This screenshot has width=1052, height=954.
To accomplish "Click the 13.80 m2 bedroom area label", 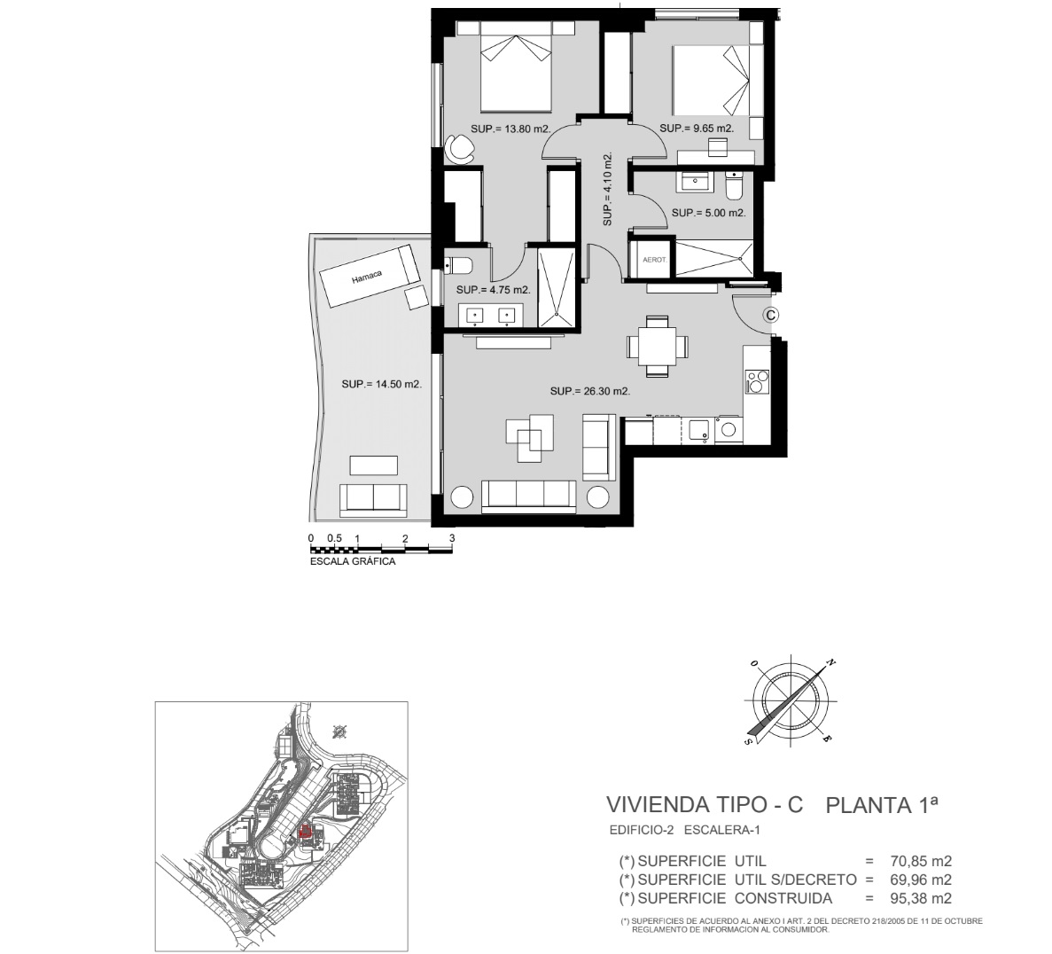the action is [510, 129].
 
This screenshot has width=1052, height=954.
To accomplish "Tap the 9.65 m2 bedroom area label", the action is [697, 129].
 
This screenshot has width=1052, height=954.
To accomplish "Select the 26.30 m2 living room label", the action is [589, 391].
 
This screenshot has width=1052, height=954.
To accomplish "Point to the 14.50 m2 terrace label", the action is [382, 384].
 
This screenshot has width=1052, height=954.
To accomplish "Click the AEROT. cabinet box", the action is [653, 259].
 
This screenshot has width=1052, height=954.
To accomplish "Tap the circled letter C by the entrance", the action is [771, 314].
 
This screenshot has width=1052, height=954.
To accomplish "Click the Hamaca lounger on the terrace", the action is [370, 275].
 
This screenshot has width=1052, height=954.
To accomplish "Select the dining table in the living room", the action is [658, 347].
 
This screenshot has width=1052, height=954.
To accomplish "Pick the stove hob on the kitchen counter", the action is [758, 381].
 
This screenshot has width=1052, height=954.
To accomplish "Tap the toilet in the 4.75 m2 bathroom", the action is [460, 266].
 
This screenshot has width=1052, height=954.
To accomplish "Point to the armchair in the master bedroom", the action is [459, 147].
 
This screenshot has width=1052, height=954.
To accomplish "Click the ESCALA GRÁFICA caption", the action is [353, 561].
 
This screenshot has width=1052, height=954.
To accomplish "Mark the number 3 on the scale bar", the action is [452, 538].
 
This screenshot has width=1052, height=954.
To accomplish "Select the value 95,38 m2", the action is [921, 898].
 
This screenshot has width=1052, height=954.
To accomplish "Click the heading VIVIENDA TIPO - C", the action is [705, 804].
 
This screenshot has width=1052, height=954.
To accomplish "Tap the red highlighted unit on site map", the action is [305, 833].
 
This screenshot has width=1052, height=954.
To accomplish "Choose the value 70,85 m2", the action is [921, 861].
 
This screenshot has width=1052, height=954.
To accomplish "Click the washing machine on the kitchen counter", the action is [728, 430].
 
